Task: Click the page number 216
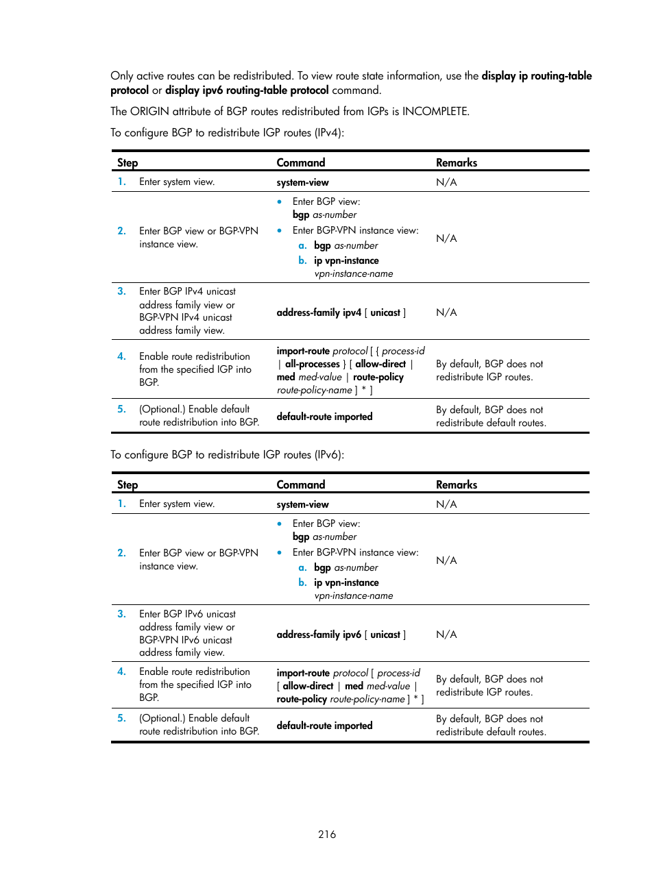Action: tap(327, 834)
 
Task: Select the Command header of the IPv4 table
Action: tap(300, 162)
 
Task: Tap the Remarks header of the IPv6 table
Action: tap(456, 484)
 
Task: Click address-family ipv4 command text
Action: tap(319, 312)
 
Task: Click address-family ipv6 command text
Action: tap(319, 634)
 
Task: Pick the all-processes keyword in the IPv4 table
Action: tap(312, 364)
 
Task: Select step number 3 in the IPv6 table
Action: tap(121, 614)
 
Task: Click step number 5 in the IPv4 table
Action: tap(121, 409)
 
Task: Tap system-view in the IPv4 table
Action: tap(302, 182)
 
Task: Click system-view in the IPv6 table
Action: tap(302, 504)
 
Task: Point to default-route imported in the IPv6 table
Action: tap(324, 726)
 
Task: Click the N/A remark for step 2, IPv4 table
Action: tap(446, 238)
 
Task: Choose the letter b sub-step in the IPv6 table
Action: tap(302, 582)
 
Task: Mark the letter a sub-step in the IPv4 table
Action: tap(302, 245)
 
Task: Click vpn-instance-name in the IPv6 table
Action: tap(354, 596)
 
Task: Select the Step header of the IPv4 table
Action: tap(128, 162)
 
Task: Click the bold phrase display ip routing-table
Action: tap(536, 76)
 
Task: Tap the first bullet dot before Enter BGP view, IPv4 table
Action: tap(280, 201)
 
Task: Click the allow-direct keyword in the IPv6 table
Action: tap(308, 686)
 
